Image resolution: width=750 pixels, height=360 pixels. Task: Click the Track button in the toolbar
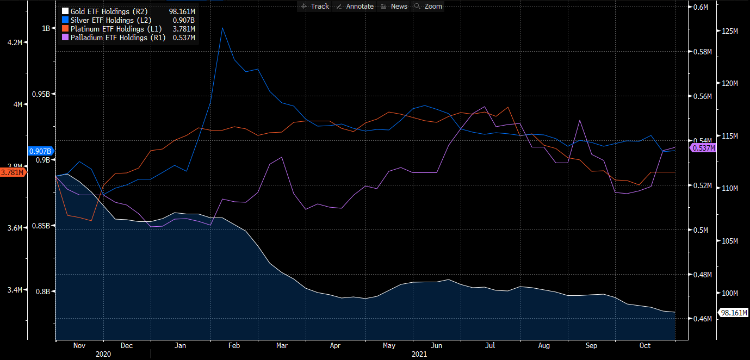point(315,7)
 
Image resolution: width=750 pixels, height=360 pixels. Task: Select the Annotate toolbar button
point(355,7)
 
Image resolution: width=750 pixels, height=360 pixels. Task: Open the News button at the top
point(395,7)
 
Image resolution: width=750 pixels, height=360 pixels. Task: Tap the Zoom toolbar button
point(429,7)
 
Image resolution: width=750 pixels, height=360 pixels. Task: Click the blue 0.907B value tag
point(41,151)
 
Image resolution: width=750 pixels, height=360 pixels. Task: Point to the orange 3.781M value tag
point(13,172)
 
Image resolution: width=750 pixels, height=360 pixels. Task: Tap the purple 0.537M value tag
point(703,148)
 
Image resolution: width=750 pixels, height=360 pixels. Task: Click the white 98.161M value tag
point(733,313)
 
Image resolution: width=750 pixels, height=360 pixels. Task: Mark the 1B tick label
point(46,28)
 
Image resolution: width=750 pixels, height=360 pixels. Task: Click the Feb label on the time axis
point(234,346)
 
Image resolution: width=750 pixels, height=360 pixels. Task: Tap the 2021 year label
point(419,354)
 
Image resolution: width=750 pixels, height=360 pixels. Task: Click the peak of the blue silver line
point(222,28)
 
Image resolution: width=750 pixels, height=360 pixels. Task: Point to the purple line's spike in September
point(580,121)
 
